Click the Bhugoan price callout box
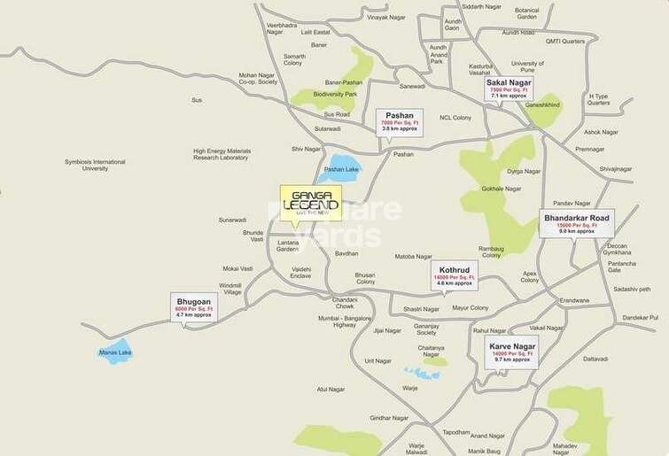[x=192, y=308]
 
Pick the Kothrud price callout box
[x=454, y=273]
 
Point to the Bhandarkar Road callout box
[x=576, y=222]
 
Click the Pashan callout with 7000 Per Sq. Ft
[x=400, y=121]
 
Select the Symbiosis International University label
[x=95, y=165]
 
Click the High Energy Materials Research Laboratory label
[x=222, y=154]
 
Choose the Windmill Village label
[x=230, y=289]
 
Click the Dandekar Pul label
[x=639, y=317]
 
